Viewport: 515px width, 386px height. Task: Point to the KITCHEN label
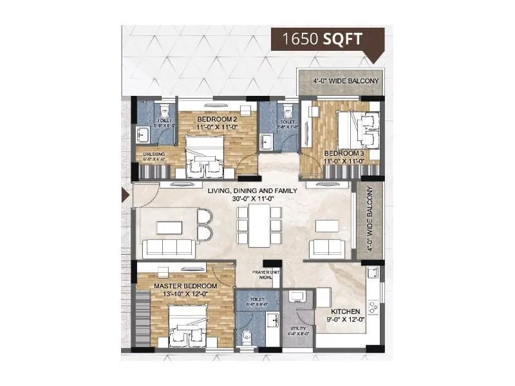[x=346, y=311]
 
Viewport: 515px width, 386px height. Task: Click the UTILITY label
[x=297, y=329]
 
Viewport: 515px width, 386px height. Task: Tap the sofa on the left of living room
[x=168, y=248]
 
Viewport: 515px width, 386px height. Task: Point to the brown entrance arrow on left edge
[x=126, y=196]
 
